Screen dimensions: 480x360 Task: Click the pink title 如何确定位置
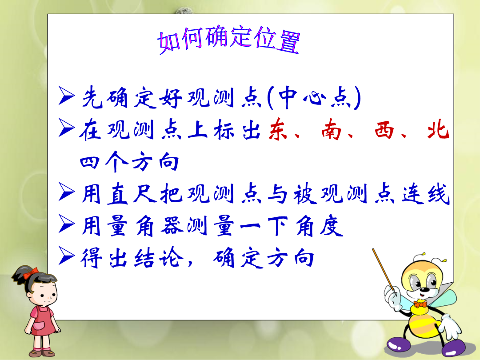coord(229,40)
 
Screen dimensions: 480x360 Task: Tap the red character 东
coord(279,129)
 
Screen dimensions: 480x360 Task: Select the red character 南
coord(331,130)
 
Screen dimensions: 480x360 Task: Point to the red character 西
coord(384,130)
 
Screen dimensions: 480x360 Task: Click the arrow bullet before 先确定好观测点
coord(66,96)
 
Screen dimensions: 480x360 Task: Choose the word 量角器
coord(145,226)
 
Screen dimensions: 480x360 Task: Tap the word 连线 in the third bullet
coord(426,193)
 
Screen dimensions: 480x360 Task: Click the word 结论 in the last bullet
coord(159,258)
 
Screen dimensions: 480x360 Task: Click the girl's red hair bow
coord(31,273)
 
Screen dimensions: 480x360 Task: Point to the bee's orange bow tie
coord(420,304)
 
